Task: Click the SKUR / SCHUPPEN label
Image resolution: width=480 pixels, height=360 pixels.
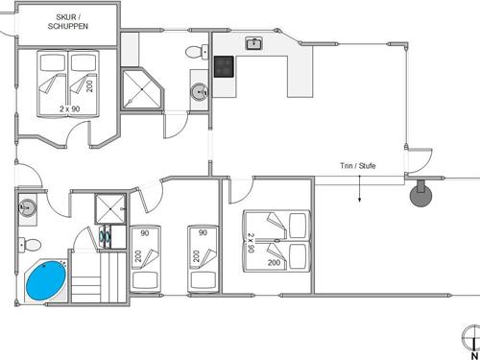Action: click(x=68, y=22)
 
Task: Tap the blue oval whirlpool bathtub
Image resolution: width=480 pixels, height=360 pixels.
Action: click(x=46, y=280)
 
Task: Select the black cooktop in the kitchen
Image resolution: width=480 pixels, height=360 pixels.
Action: click(x=224, y=66)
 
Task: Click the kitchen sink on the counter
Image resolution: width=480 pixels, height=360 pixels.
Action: click(x=254, y=43)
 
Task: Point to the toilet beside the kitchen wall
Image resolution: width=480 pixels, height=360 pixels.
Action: click(x=197, y=52)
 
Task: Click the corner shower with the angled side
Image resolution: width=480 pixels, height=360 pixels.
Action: click(x=142, y=89)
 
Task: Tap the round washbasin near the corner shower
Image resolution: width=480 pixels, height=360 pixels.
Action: click(x=200, y=92)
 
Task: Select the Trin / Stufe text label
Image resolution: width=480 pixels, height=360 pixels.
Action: click(x=357, y=166)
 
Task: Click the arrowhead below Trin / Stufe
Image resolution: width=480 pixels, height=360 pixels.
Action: click(x=359, y=200)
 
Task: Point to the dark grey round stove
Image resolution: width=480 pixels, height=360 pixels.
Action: click(x=420, y=195)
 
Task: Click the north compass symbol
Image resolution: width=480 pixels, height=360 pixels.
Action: click(x=472, y=338)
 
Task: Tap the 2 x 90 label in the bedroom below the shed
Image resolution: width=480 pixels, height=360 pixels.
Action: click(x=69, y=108)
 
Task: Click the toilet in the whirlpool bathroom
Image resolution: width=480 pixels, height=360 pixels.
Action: click(x=30, y=245)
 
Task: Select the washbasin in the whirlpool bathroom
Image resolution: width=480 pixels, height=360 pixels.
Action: click(x=28, y=207)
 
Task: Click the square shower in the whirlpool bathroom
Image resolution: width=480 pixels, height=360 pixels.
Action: click(x=110, y=208)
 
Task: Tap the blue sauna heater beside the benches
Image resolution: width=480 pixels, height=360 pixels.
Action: click(x=106, y=236)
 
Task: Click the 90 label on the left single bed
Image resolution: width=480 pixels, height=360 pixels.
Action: click(x=145, y=233)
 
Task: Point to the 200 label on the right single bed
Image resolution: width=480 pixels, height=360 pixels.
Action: click(x=196, y=256)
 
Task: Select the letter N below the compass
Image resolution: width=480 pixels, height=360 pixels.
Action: click(x=474, y=355)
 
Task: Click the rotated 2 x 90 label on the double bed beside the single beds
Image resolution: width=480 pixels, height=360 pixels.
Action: click(x=251, y=243)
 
